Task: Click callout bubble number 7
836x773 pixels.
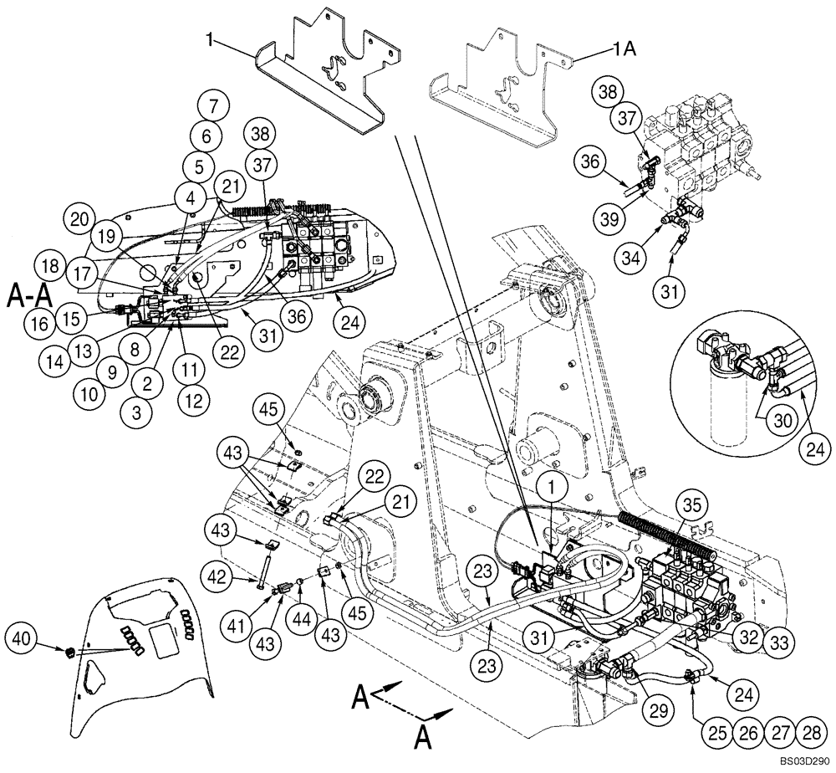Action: (213, 106)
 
